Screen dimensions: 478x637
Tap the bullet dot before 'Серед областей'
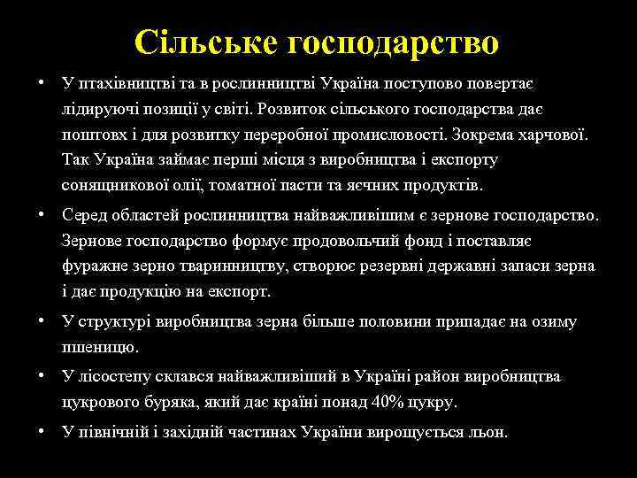pyautogui.click(x=42, y=215)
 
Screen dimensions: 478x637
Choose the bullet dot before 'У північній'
pyautogui.click(x=42, y=431)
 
